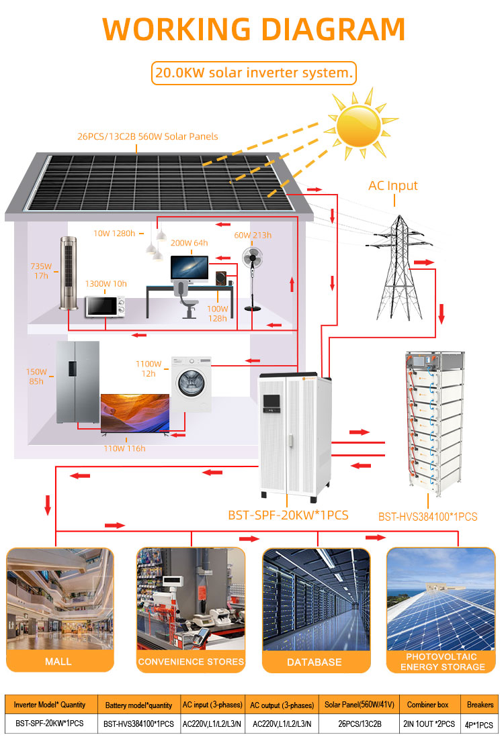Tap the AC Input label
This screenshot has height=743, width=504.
pos(393,185)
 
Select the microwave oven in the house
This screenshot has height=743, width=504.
pos(105,307)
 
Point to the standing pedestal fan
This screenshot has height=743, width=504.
pos(252,279)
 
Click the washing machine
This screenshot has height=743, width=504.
pos(192,385)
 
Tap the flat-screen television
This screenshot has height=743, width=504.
pos(135,413)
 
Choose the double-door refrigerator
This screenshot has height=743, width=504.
pos(78,382)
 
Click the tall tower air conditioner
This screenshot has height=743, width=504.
pos(69,273)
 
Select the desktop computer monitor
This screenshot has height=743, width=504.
pos(190,269)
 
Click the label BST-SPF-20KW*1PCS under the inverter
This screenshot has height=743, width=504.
pos(288,515)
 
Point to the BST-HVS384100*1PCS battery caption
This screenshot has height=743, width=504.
pos(427,517)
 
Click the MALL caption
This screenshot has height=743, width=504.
pos(58,662)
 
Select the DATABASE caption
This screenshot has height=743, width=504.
pos(314,662)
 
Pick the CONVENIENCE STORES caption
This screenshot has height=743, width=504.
pos(191,662)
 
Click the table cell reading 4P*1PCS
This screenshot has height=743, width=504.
pos(479,724)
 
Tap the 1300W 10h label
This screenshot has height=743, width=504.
pos(106,283)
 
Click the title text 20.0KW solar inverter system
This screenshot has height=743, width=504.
pos(254,73)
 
